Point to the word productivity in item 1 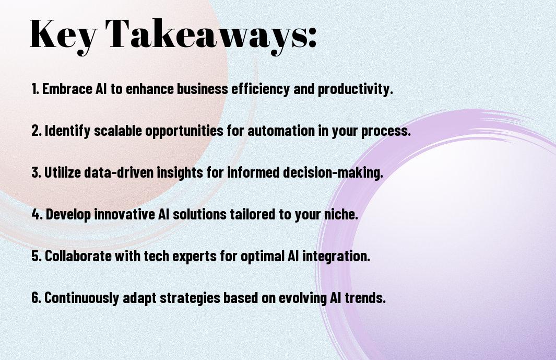pos(356,89)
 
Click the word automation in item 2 pos(281,131)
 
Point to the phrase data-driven pos(119,172)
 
